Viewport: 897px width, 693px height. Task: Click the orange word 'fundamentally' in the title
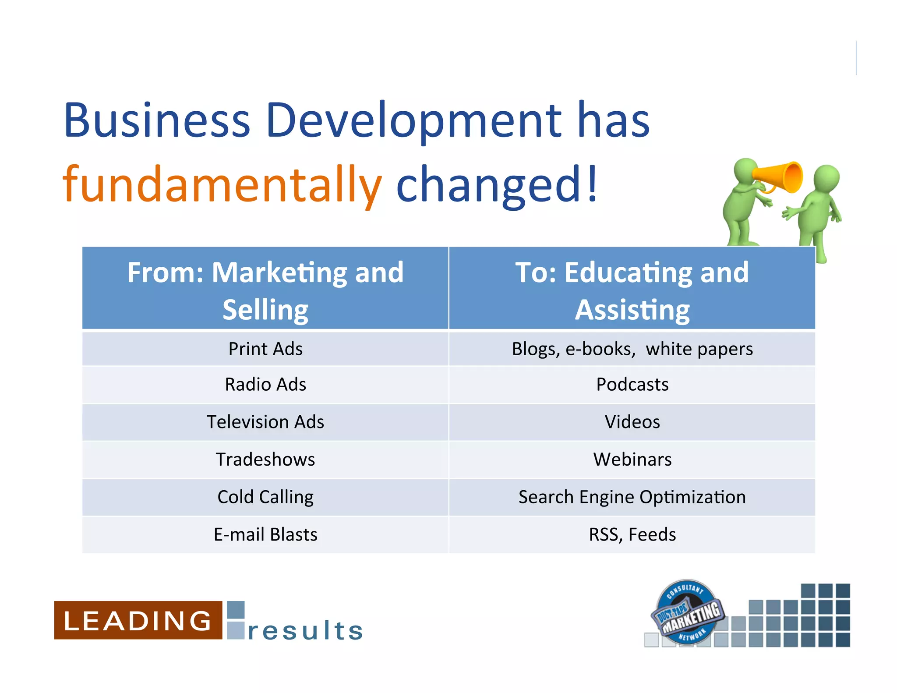(222, 184)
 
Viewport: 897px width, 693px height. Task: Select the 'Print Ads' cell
(265, 349)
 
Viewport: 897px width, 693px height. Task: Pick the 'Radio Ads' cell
(265, 385)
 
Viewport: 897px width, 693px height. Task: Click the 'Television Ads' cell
(265, 422)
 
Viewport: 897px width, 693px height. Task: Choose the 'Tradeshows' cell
(265, 460)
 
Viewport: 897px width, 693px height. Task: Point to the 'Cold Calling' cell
(265, 497)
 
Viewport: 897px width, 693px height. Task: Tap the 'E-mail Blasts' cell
(265, 534)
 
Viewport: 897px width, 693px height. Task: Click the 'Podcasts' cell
(632, 385)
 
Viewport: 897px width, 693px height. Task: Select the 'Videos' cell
(632, 422)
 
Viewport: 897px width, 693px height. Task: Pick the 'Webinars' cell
(632, 460)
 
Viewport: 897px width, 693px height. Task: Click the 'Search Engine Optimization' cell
(632, 497)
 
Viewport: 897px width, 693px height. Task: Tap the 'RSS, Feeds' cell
(632, 534)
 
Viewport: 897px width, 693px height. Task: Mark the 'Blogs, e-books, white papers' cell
(632, 349)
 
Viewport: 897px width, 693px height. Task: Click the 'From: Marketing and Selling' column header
(265, 289)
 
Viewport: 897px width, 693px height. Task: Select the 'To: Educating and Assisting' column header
(632, 289)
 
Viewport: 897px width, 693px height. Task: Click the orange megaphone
(782, 177)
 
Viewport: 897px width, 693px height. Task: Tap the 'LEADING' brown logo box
(138, 620)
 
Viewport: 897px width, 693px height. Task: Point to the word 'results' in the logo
(305, 631)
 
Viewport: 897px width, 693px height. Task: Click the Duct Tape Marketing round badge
(687, 612)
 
